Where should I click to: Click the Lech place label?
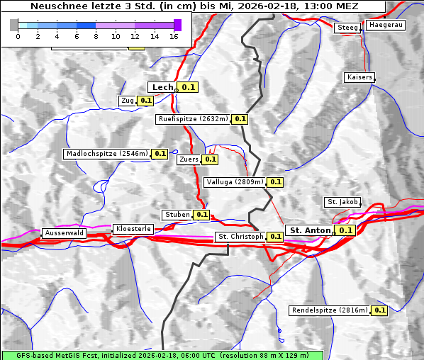click(162, 87)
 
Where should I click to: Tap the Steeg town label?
click(347, 28)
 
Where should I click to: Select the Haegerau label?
click(385, 25)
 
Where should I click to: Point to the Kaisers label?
click(359, 77)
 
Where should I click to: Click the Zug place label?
click(128, 101)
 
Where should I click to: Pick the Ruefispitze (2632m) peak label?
click(194, 119)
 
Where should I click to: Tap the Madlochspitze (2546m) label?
click(107, 153)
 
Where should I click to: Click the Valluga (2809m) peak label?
click(235, 182)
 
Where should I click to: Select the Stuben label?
click(177, 215)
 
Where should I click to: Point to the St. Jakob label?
click(342, 202)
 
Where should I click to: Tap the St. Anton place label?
click(311, 230)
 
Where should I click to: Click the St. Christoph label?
click(240, 237)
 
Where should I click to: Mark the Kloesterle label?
click(133, 229)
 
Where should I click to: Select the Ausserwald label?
click(64, 232)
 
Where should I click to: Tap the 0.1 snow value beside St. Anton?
click(345, 230)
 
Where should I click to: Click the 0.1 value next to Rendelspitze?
click(379, 310)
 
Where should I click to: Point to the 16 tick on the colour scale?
click(174, 36)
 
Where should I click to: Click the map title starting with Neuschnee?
click(194, 6)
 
